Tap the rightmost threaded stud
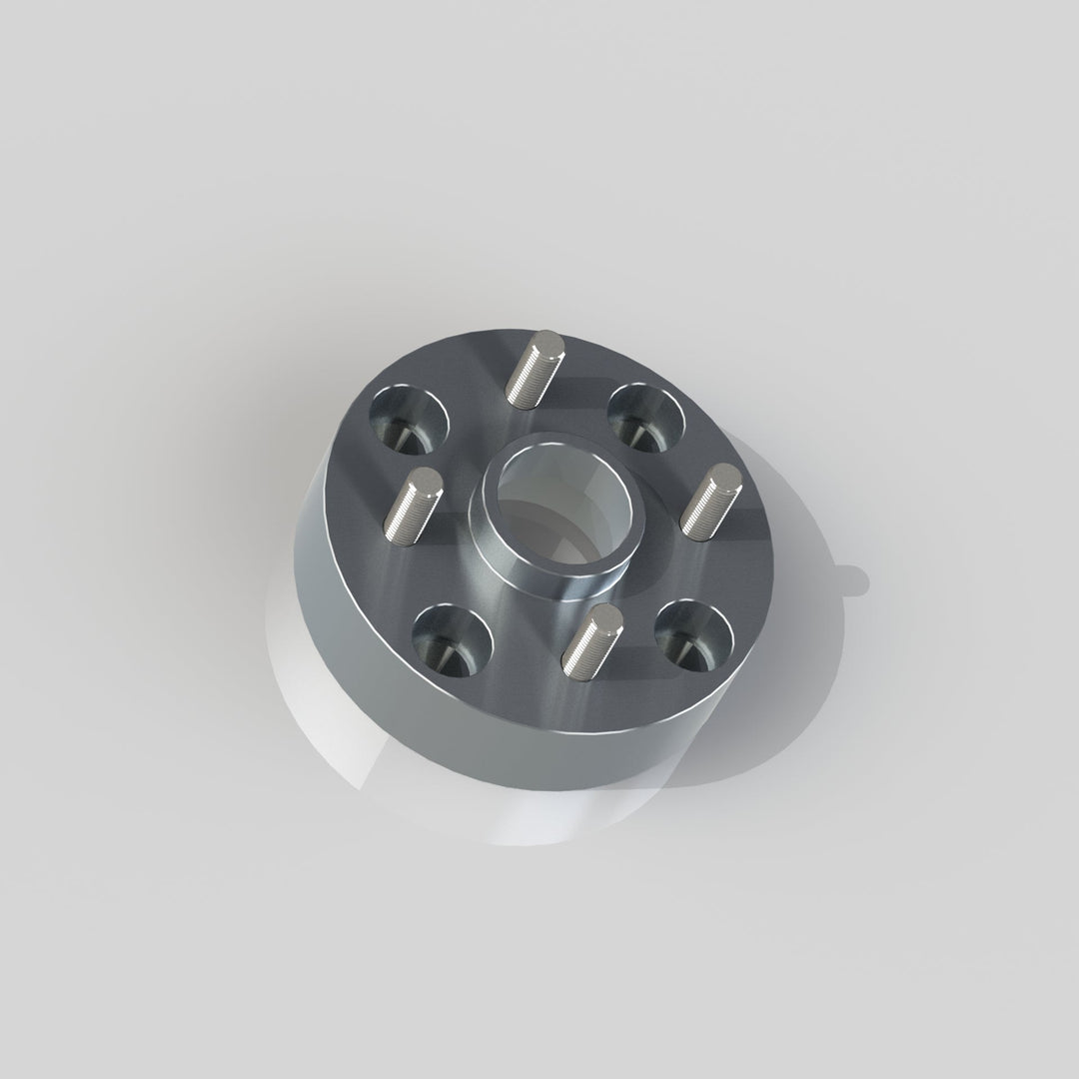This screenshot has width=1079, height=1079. point(707,503)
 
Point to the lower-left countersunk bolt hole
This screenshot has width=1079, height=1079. point(453,639)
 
